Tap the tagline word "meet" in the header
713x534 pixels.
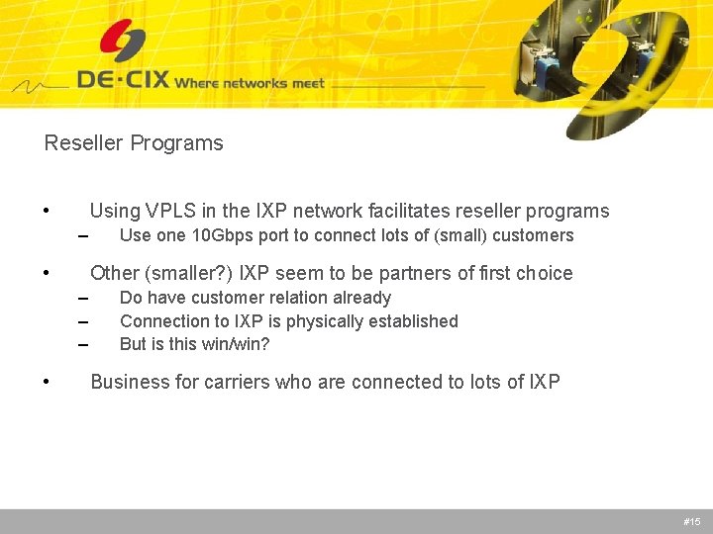(307, 83)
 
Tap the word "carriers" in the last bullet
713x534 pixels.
(238, 382)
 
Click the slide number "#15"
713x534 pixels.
(691, 521)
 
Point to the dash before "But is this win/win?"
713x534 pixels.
(83, 345)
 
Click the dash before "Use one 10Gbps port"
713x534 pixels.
(83, 236)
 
